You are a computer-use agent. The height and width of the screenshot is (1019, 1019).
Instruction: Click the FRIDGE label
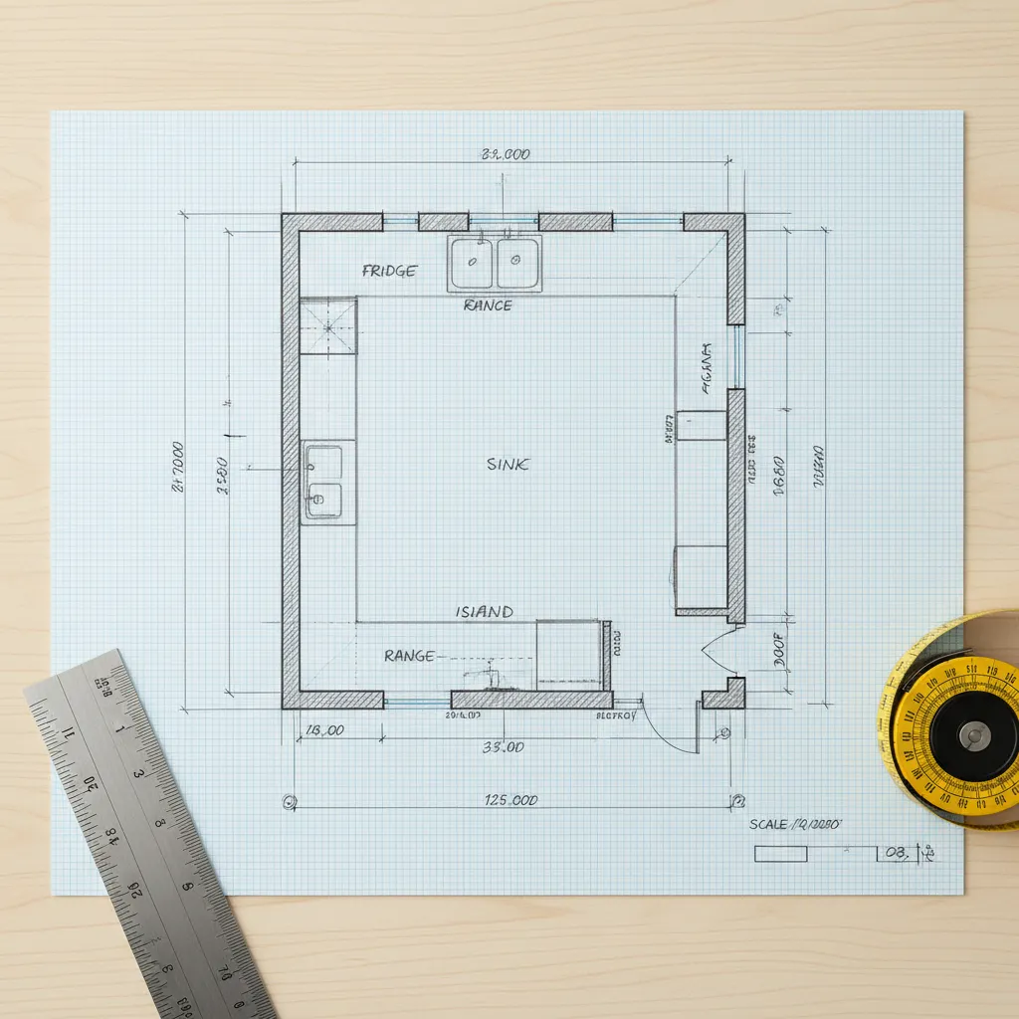tap(390, 271)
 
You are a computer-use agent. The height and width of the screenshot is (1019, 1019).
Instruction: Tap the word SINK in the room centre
tap(509, 464)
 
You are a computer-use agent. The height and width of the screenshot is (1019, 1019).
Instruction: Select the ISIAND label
tap(485, 612)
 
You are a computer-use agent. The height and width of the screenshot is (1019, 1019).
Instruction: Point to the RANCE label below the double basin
tap(488, 306)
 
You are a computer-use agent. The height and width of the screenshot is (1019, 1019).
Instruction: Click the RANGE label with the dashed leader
tap(409, 656)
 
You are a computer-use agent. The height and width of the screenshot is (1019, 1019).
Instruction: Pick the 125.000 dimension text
tap(511, 800)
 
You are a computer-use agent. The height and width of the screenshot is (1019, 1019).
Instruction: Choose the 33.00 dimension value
tap(504, 747)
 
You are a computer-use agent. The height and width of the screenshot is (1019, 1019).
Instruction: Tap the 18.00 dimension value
tap(324, 730)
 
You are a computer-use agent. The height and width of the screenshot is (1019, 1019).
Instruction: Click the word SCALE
tap(768, 825)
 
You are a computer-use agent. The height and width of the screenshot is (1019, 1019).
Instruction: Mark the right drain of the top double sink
tap(516, 259)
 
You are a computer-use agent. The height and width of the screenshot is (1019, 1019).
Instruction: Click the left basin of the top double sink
tap(471, 263)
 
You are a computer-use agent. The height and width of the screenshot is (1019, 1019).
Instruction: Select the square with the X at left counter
tap(327, 324)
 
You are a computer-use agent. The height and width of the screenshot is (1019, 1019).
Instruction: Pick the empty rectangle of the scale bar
tap(780, 854)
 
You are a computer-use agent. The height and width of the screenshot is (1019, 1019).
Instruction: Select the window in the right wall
tap(737, 356)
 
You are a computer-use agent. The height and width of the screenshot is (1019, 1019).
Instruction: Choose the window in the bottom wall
tap(417, 702)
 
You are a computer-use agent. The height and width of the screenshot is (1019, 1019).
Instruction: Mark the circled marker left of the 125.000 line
tap(290, 800)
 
